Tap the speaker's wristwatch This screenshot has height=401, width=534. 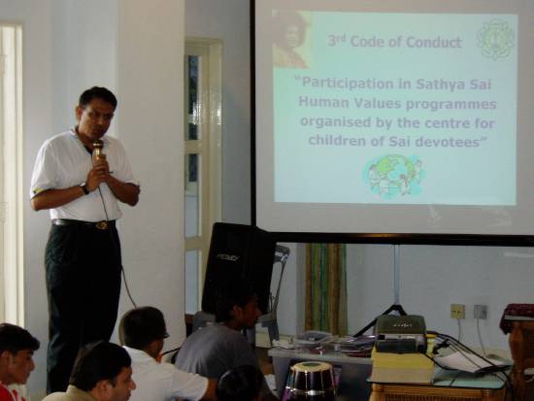click(84, 189)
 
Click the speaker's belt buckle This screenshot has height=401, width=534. click(102, 225)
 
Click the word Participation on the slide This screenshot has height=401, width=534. click(344, 84)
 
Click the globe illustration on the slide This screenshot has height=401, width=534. click(393, 176)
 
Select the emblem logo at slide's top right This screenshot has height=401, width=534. click(496, 39)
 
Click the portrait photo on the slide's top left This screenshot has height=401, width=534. click(292, 39)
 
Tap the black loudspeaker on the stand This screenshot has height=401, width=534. click(238, 267)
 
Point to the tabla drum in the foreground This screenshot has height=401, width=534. click(311, 381)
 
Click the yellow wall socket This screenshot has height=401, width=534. click(457, 311)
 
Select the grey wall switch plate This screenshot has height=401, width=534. click(481, 312)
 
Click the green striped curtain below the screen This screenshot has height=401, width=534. click(326, 288)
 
